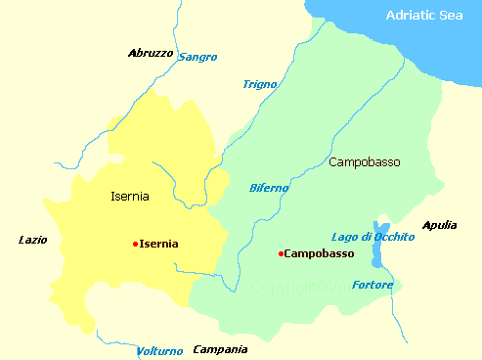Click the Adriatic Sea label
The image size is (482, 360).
424,15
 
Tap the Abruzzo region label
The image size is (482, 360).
151,53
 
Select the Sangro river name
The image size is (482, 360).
197,57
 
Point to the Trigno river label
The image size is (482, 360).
259,84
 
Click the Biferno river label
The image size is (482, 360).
269,187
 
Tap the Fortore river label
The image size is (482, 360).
372,286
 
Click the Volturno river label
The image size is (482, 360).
159,350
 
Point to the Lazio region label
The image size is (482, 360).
33,239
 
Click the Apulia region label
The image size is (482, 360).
439,225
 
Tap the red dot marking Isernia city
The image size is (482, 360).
135,244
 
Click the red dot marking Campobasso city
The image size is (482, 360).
281,254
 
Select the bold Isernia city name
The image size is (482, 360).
159,244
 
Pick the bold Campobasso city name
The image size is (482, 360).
319,254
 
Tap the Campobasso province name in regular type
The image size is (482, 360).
365,160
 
